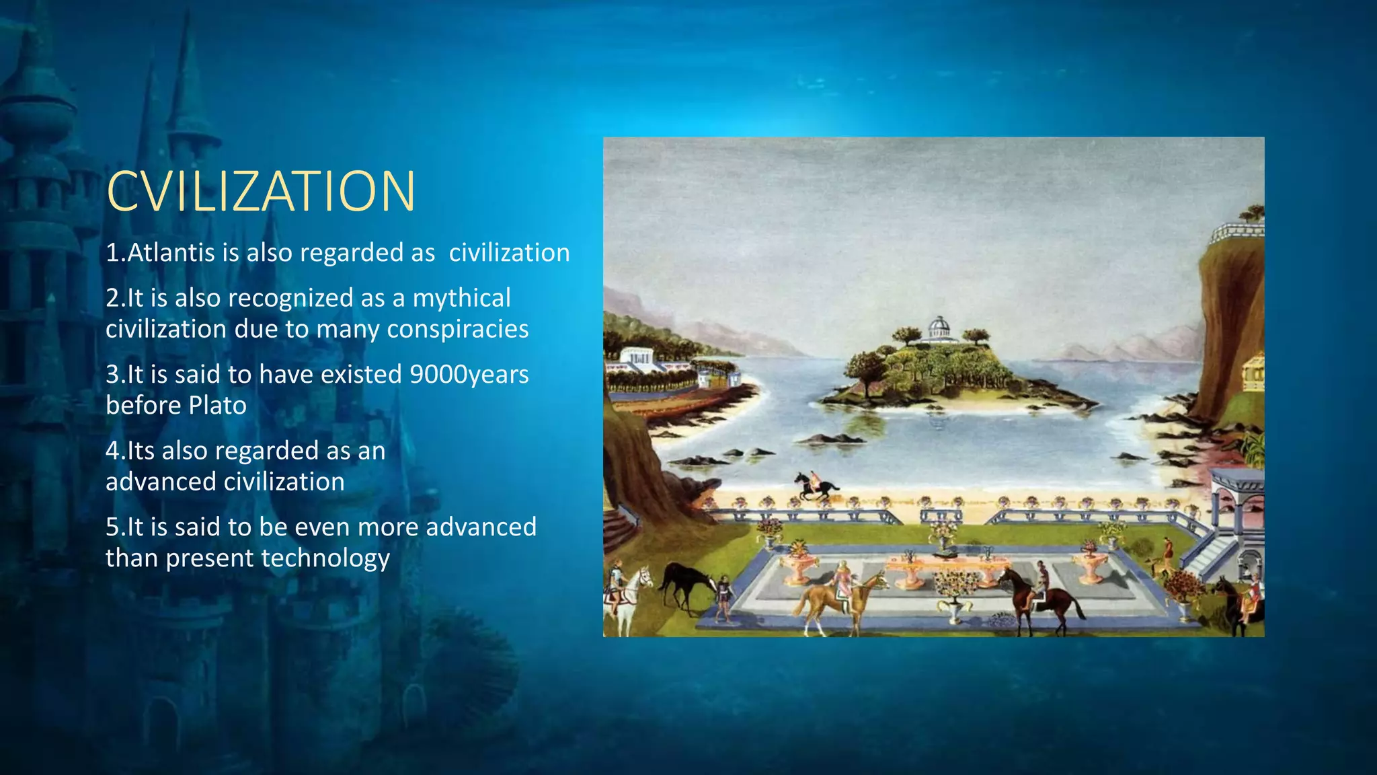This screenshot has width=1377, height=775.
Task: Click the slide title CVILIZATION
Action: pyautogui.click(x=261, y=192)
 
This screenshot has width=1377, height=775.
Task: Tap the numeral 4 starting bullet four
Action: pyautogui.click(x=112, y=451)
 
